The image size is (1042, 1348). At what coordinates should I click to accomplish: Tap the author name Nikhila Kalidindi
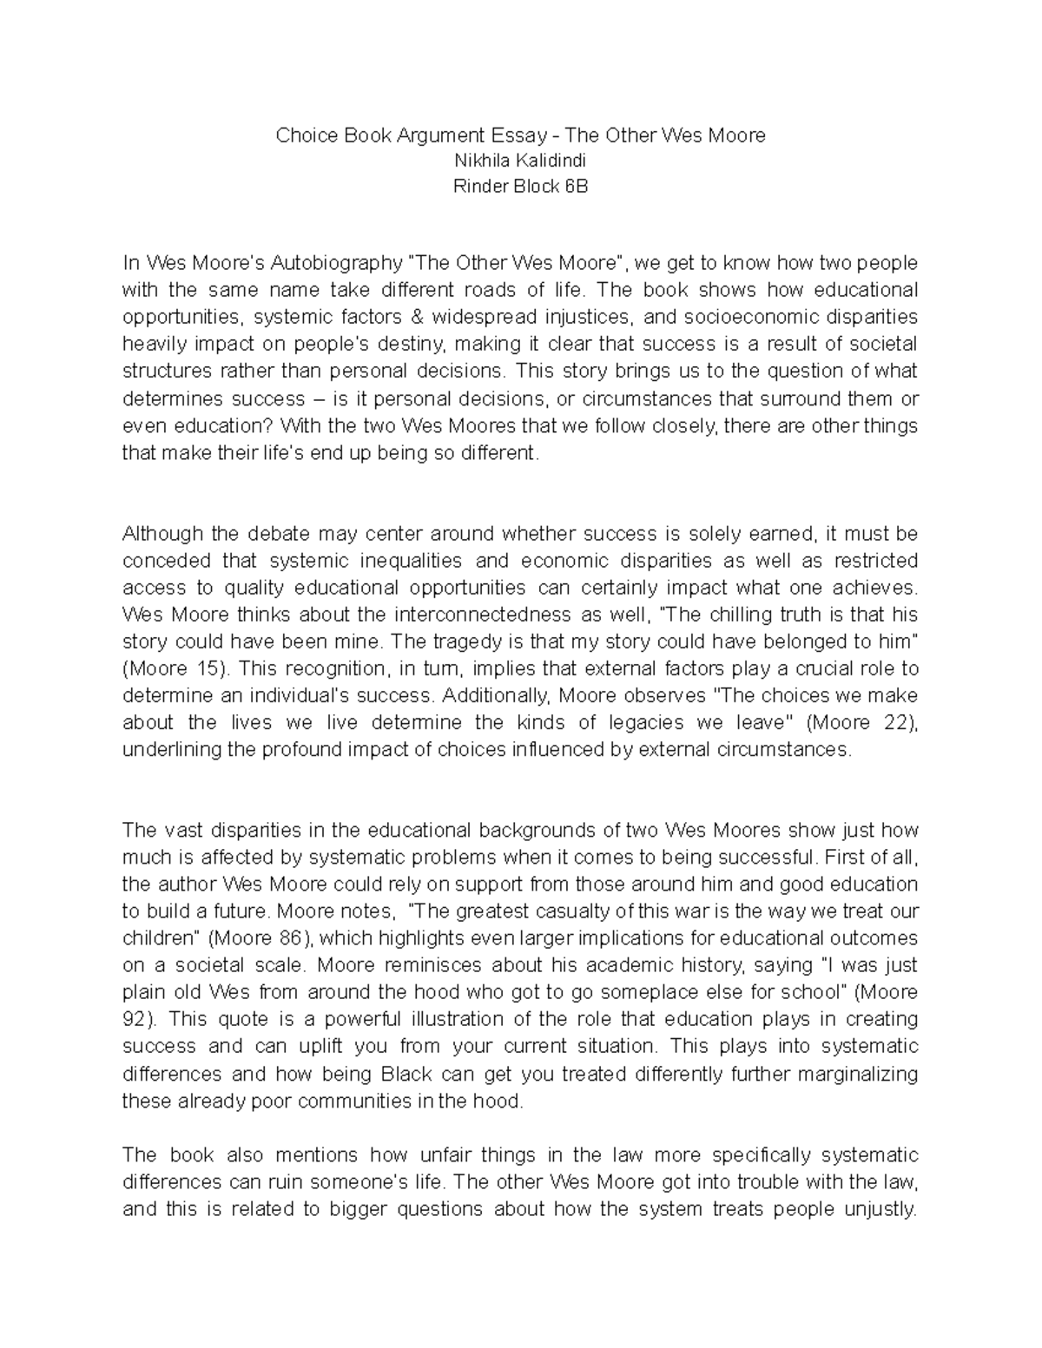click(x=521, y=161)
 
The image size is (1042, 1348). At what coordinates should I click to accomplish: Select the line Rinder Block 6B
click(x=521, y=186)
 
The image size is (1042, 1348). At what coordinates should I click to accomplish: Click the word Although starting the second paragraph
click(x=162, y=534)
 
